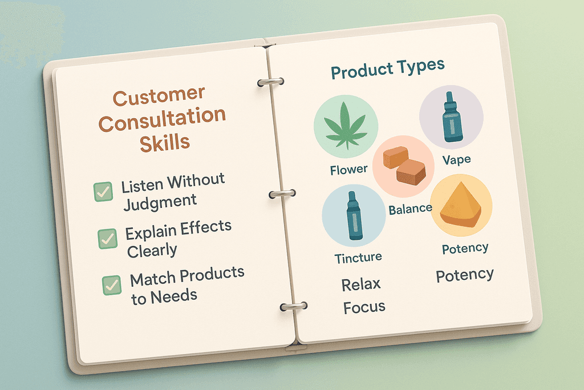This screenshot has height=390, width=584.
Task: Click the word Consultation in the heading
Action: (162, 119)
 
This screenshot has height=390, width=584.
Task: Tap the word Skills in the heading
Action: (165, 143)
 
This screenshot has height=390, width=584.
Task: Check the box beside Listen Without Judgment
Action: (103, 192)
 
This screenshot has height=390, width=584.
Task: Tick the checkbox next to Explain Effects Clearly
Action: (108, 239)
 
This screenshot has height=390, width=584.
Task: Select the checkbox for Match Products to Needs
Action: (112, 286)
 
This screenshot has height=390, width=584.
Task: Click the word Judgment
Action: (160, 203)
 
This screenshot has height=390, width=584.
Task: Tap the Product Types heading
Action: (388, 69)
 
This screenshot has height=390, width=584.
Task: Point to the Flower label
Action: (348, 170)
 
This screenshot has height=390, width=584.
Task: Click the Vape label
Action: (457, 160)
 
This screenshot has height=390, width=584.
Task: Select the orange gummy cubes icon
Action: (404, 165)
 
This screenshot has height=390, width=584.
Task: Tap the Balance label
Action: (411, 209)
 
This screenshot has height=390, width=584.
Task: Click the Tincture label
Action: (358, 258)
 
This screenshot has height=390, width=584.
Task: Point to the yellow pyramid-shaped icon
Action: (461, 204)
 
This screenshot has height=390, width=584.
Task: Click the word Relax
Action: (361, 284)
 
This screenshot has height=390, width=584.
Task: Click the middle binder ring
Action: (282, 194)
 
